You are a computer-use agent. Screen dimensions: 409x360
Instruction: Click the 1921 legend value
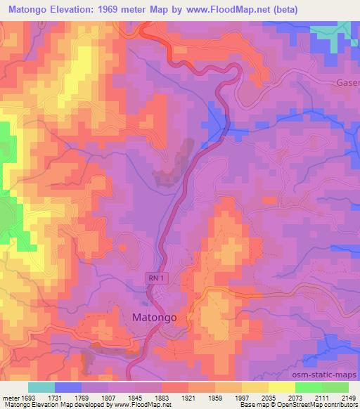pos(188,397)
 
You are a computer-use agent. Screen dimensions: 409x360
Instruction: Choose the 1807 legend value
pos(108,397)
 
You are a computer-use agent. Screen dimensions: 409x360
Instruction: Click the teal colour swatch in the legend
pos(41,387)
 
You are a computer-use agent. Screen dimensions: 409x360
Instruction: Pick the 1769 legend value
pos(82,397)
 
